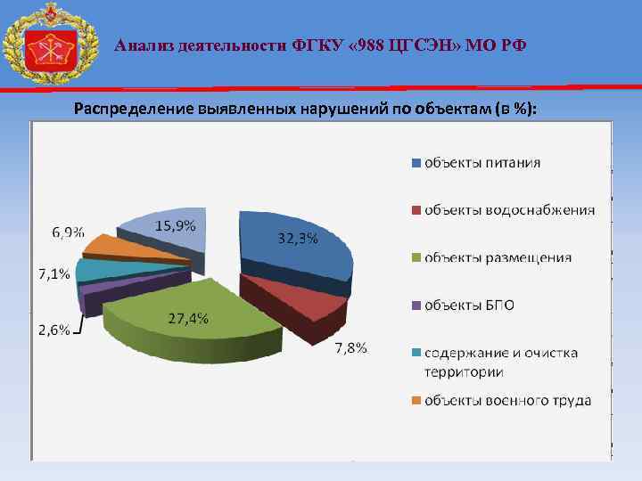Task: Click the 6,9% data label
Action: (x=68, y=232)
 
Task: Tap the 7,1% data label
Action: (x=53, y=273)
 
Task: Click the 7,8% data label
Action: (x=350, y=347)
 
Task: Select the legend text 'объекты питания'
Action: (x=481, y=162)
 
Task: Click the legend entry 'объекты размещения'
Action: (x=498, y=257)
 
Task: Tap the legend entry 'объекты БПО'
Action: (x=468, y=306)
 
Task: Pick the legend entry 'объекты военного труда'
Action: (x=506, y=401)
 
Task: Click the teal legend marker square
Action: (x=416, y=354)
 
